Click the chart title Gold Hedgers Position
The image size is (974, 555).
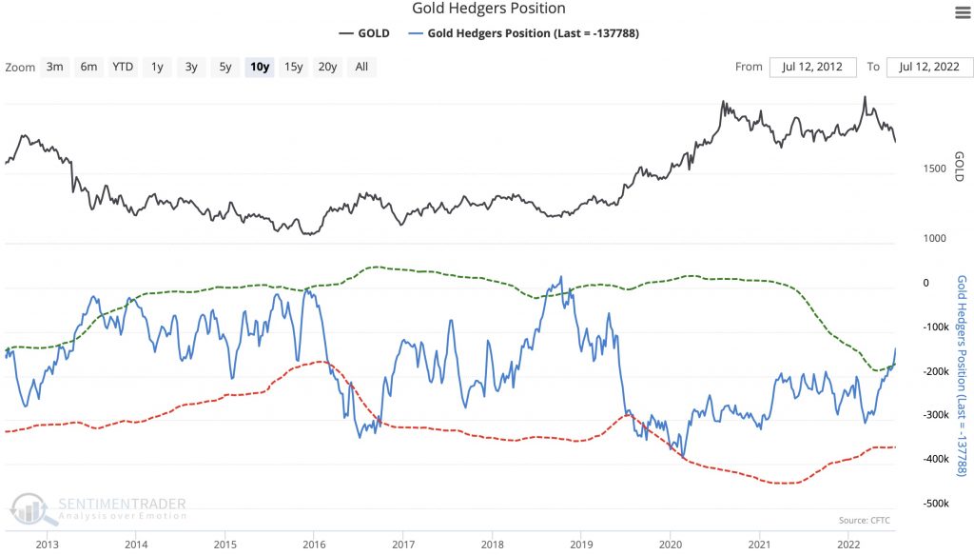pos(488,9)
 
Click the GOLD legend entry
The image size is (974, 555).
pos(364,33)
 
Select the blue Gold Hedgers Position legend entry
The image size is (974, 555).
pos(522,33)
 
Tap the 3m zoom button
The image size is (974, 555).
pos(55,67)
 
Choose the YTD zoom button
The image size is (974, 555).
pos(123,67)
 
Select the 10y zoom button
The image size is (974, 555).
pos(259,67)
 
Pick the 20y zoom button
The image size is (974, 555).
pos(327,67)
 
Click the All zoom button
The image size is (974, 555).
pos(361,67)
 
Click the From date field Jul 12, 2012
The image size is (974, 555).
pos(812,67)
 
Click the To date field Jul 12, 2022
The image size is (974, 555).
pos(929,67)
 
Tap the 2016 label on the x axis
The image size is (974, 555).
pos(313,544)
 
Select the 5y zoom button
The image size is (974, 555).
pos(224,67)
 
